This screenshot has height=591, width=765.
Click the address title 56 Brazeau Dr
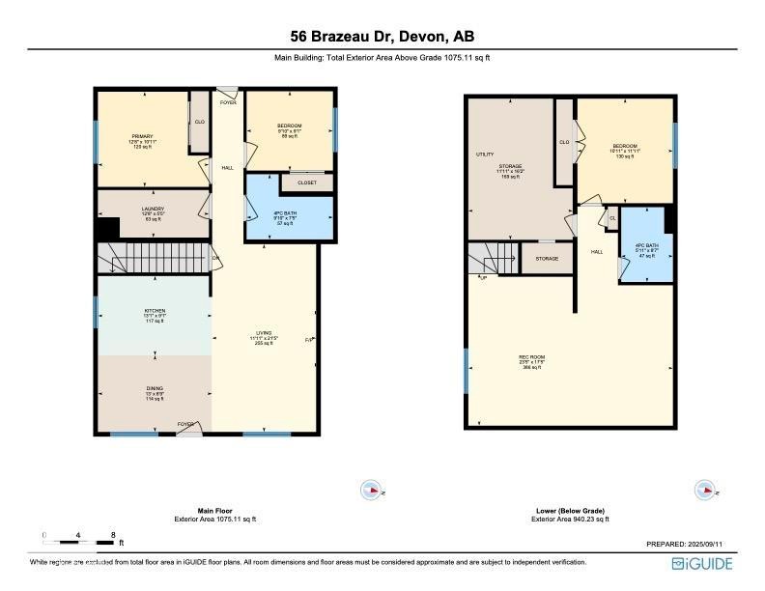pyautogui.click(x=382, y=37)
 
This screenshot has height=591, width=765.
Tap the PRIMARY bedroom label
pyautogui.click(x=144, y=136)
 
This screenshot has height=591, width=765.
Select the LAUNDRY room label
pyautogui.click(x=153, y=209)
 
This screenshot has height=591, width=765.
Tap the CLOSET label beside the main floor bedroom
pyautogui.click(x=306, y=181)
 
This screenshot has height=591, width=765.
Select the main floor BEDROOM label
pyautogui.click(x=290, y=127)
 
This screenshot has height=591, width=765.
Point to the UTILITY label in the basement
pyautogui.click(x=485, y=155)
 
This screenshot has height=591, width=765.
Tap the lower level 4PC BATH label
pyautogui.click(x=645, y=246)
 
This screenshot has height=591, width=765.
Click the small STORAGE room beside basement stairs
pyautogui.click(x=547, y=258)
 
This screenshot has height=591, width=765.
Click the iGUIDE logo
pyautogui.click(x=703, y=564)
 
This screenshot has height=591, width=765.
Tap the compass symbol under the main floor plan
pyautogui.click(x=370, y=490)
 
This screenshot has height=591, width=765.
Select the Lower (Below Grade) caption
pyautogui.click(x=571, y=510)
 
